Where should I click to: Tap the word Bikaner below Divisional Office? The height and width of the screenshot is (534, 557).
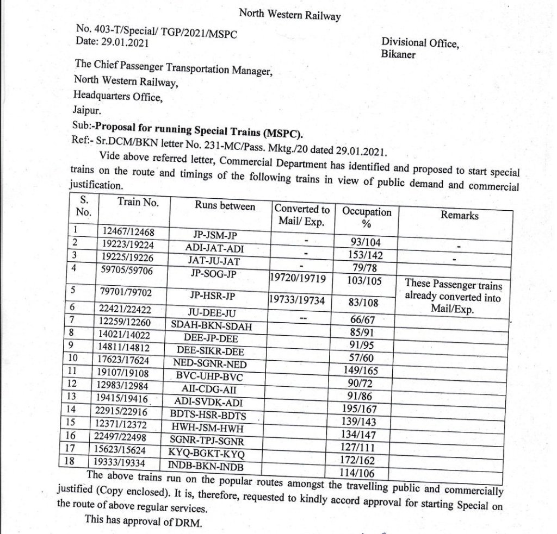398,54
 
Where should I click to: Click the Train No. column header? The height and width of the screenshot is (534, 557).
138,202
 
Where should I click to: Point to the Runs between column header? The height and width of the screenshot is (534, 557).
225,207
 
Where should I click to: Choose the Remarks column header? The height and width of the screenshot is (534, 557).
460,215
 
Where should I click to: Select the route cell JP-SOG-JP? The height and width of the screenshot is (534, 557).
214,273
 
